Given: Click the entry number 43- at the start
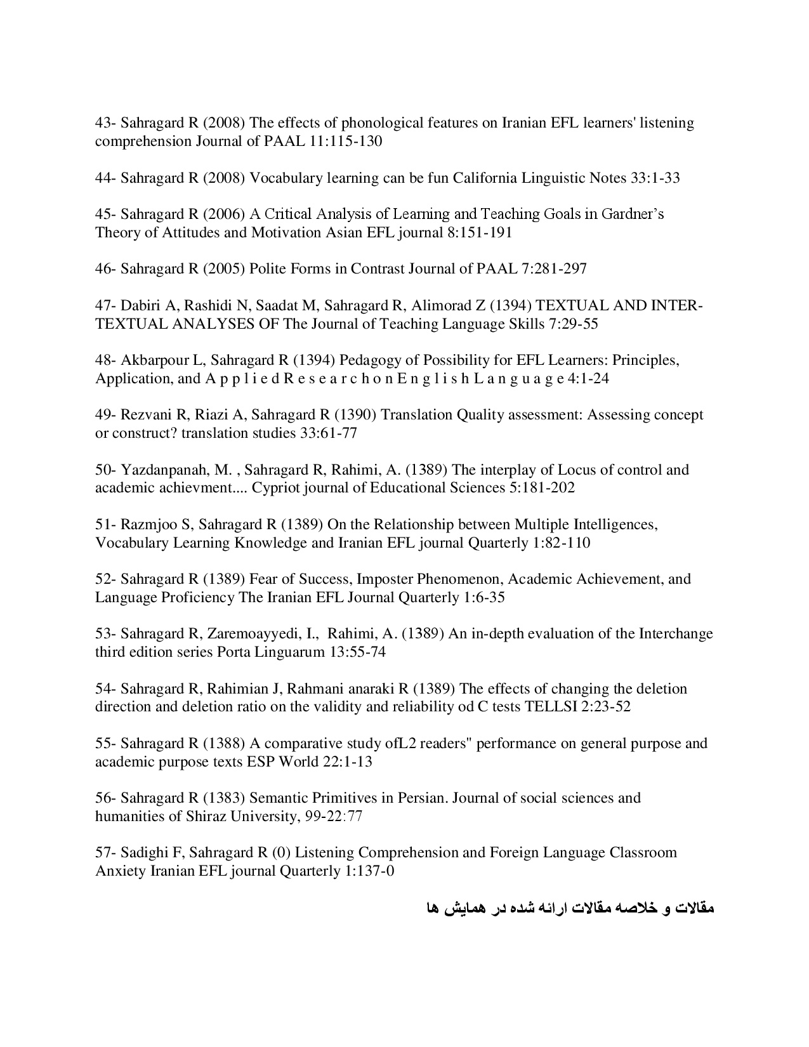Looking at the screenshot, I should [105, 122].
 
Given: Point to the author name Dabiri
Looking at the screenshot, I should [140, 306].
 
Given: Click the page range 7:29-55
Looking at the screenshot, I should [574, 324].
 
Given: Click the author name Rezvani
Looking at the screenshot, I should [145, 415].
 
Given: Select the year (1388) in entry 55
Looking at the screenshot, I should [224, 743].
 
